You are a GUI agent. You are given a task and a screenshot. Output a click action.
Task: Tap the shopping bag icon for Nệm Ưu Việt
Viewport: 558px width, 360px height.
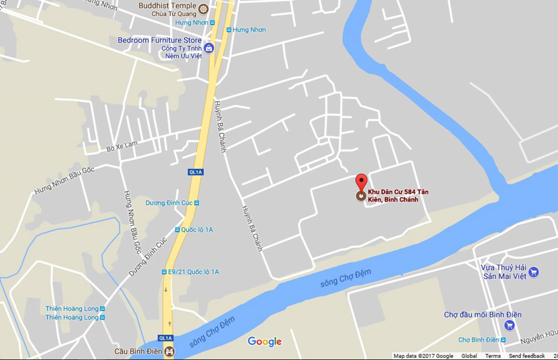pyautogui.click(x=208, y=48)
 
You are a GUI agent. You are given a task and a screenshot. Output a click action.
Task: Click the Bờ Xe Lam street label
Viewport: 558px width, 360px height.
pyautogui.click(x=123, y=148)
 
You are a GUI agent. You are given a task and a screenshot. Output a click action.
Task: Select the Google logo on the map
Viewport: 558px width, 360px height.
pyautogui.click(x=264, y=341)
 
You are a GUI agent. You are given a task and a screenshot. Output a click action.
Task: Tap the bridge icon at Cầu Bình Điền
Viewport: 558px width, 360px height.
pyautogui.click(x=169, y=351)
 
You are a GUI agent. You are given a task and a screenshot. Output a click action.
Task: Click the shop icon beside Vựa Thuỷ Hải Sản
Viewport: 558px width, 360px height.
pyautogui.click(x=534, y=272)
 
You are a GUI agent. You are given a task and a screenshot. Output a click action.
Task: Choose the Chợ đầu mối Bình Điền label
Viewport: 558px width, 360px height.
pyautogui.click(x=482, y=315)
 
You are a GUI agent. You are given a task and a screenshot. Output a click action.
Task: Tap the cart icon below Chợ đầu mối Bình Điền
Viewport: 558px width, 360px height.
pyautogui.click(x=510, y=326)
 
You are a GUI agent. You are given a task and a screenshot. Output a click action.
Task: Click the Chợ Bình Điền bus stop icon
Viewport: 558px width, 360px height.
pyautogui.click(x=504, y=340)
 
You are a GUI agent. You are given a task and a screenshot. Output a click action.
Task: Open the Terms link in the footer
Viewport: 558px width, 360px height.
pyautogui.click(x=493, y=356)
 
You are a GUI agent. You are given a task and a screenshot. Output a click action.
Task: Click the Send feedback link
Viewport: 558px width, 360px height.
pyautogui.click(x=527, y=356)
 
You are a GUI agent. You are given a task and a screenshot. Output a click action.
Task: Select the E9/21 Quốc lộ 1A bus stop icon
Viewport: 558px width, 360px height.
pyautogui.click(x=164, y=272)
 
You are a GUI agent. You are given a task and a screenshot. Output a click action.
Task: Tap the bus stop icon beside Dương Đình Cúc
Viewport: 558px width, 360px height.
pyautogui.click(x=196, y=203)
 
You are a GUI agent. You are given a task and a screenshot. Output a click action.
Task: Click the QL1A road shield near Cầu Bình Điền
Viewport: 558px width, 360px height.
pyautogui.click(x=166, y=338)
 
